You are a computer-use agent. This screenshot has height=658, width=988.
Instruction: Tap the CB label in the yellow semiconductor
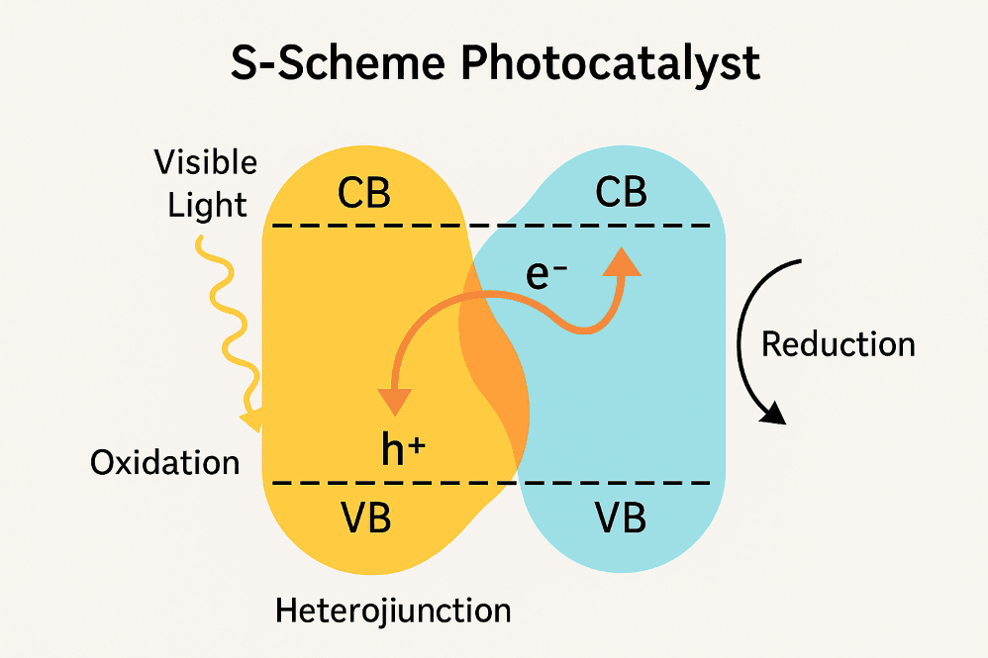[x=363, y=194]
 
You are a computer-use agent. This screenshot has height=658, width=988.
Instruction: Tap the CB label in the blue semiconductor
[x=621, y=193]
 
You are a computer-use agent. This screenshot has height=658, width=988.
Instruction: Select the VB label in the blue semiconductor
[x=621, y=517]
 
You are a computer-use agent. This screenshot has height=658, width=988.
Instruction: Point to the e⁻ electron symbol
[x=546, y=276]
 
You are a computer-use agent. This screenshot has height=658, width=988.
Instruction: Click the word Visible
[x=206, y=162]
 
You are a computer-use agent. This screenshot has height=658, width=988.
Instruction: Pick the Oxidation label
[x=165, y=462]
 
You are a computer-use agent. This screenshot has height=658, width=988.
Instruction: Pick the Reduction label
[x=838, y=344]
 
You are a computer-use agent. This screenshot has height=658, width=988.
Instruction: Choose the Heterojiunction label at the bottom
[x=393, y=610]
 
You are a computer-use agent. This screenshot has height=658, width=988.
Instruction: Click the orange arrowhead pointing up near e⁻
[x=622, y=261]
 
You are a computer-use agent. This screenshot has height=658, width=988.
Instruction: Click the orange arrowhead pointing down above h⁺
[x=394, y=400]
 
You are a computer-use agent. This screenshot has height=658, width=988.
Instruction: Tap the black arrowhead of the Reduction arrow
[x=773, y=414]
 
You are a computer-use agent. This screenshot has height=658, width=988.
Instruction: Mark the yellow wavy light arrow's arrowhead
[x=251, y=420]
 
